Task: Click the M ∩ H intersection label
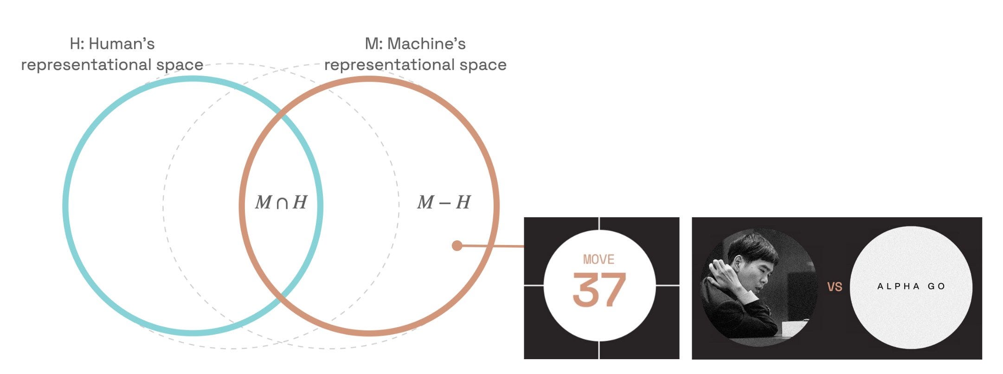click(x=281, y=202)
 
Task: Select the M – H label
click(x=444, y=202)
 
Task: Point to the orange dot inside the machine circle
click(x=457, y=245)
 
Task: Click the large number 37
click(x=599, y=290)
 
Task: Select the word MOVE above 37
click(x=598, y=259)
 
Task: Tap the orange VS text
click(x=835, y=287)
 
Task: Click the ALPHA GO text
click(x=911, y=286)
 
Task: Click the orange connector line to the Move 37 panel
click(x=492, y=246)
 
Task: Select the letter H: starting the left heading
click(x=77, y=44)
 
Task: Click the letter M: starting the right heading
click(x=373, y=44)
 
